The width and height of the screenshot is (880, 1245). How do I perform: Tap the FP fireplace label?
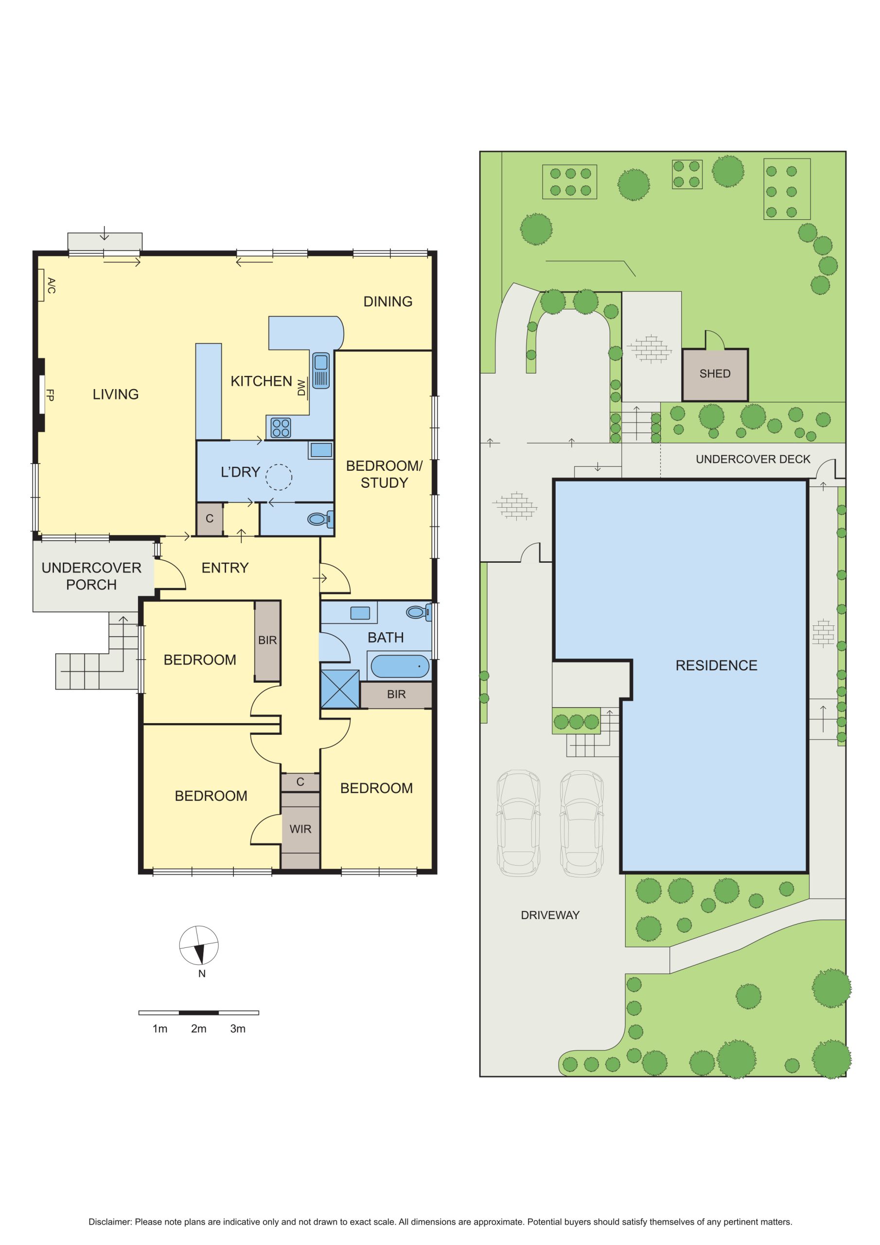pos(50,395)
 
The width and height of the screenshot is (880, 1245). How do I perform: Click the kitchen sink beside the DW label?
pos(320,371)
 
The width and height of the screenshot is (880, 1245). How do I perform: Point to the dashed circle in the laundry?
pos(279,478)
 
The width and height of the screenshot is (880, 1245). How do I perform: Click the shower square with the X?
pos(340,689)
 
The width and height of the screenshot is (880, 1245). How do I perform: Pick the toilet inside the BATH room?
pos(419,613)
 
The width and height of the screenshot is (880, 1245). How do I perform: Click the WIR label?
pos(300,829)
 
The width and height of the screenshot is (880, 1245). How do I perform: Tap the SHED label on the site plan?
pos(715,373)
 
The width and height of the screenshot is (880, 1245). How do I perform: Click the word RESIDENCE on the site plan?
pos(716,665)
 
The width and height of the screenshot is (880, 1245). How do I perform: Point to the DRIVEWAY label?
pos(550,915)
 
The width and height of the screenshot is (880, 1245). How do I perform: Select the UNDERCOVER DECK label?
pos(753,459)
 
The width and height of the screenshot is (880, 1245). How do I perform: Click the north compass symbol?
pos(199,946)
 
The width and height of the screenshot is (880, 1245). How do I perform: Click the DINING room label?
pos(387,302)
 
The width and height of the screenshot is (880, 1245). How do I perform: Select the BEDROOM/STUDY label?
pos(384,474)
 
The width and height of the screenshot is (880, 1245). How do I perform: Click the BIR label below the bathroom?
pos(396,694)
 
